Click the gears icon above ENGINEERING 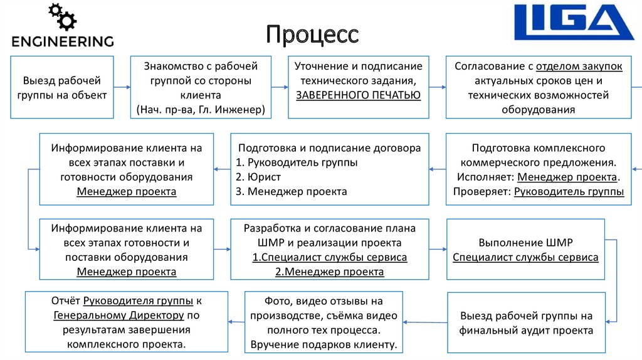(x=63, y=17)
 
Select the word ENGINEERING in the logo (x=63, y=42)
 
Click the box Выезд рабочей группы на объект (x=61, y=87)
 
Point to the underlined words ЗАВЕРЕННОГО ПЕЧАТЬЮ (x=359, y=95)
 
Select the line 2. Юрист (x=258, y=177)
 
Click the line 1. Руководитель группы (x=297, y=162)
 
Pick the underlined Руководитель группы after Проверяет (x=569, y=191)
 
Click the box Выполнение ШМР (x=525, y=249)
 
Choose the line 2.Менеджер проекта (x=330, y=272)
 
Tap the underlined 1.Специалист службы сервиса (x=330, y=257)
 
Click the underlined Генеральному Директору (x=118, y=315)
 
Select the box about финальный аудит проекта (x=525, y=323)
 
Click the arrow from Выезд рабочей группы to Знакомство (x=122, y=87)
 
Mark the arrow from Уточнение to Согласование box (x=438, y=87)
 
